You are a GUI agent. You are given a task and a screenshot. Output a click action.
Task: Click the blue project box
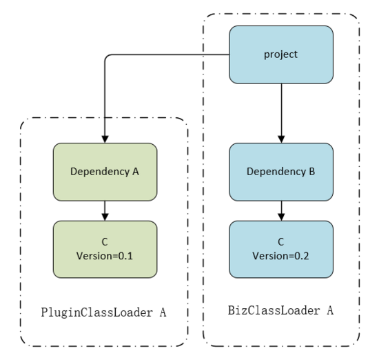click(x=281, y=54)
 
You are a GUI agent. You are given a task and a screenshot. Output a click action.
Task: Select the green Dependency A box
click(x=105, y=172)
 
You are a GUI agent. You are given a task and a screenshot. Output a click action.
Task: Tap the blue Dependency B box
click(x=281, y=172)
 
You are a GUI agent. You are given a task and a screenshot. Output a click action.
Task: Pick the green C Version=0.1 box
click(x=105, y=249)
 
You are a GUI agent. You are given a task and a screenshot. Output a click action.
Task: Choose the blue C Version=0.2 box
click(x=281, y=249)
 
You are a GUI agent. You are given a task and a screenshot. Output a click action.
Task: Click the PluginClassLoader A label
click(x=103, y=312)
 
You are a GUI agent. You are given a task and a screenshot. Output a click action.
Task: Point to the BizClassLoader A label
click(x=280, y=310)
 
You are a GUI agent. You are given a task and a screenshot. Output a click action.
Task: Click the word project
click(x=280, y=54)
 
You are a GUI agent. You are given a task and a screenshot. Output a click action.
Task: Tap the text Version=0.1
click(x=105, y=256)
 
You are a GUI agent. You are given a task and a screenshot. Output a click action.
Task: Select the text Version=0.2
click(x=280, y=256)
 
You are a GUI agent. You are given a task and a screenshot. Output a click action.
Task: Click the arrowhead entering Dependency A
click(x=105, y=139)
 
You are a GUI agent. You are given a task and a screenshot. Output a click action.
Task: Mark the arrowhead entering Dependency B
click(x=281, y=139)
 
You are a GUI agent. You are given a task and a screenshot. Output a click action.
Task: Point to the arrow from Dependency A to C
click(x=105, y=211)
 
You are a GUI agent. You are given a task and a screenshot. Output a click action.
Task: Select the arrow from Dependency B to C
click(x=281, y=211)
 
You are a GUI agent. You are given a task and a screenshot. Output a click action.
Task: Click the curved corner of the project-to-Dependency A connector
click(x=107, y=57)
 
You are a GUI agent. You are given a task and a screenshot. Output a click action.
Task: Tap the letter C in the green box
click(x=105, y=242)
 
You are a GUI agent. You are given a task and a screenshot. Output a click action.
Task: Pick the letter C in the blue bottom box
click(x=280, y=242)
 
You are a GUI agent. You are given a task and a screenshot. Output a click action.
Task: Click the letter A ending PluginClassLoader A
click(x=163, y=312)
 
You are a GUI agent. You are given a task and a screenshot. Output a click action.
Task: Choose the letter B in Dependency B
click(x=312, y=172)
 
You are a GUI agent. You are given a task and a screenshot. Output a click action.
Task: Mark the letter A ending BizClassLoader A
click(x=330, y=310)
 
